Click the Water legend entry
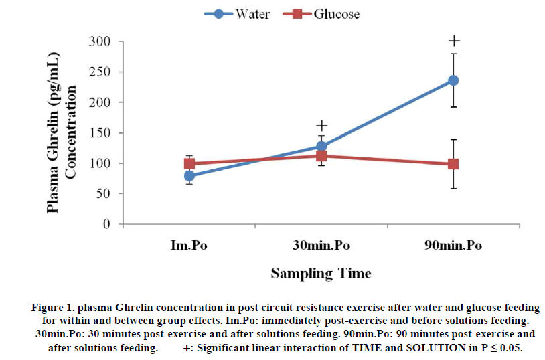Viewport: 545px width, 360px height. tap(242, 14)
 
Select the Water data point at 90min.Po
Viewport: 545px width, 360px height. tap(453, 80)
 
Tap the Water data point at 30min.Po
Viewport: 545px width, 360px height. tap(321, 146)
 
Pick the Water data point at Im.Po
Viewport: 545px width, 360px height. tap(189, 176)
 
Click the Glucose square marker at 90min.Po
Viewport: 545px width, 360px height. tap(453, 164)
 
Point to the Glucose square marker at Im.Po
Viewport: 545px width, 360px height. tap(189, 163)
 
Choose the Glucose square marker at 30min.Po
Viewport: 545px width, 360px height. tap(321, 156)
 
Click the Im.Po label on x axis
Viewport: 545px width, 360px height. tap(189, 246)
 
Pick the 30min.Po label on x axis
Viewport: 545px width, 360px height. tap(321, 246)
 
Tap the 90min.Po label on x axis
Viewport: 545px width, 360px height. tap(453, 246)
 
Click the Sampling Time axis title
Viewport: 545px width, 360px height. tap(321, 273)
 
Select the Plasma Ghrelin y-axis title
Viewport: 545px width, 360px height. tap(59, 134)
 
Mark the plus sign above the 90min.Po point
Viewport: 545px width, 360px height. tap(454, 41)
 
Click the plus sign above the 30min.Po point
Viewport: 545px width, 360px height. tap(322, 126)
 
